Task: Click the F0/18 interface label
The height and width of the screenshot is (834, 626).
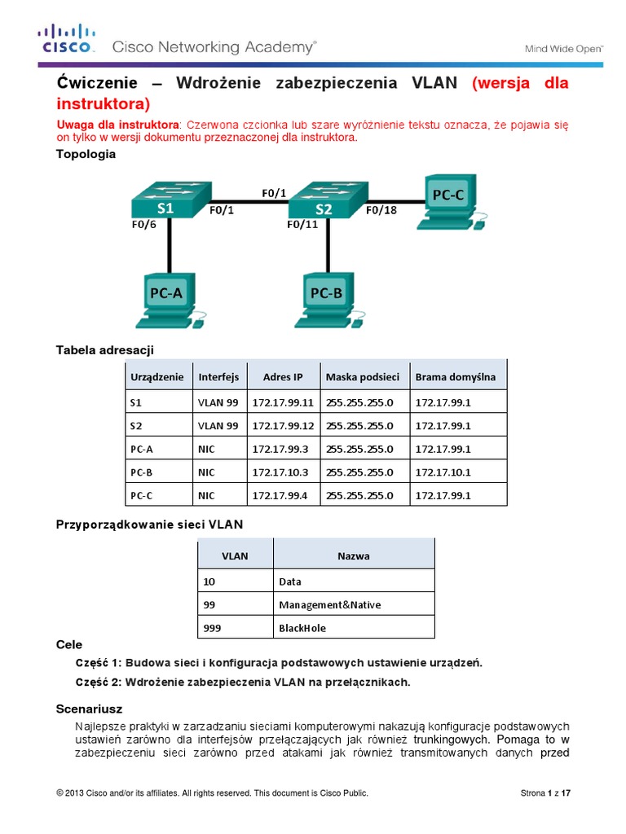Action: pos(381,209)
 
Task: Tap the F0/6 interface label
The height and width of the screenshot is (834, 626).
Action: pos(143,224)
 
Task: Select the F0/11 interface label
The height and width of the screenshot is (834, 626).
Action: pos(302,224)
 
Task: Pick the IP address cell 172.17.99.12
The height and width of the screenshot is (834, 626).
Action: pos(283,425)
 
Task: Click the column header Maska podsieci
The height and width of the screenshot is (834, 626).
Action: pos(362,377)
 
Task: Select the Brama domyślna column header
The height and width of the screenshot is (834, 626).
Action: pos(455,377)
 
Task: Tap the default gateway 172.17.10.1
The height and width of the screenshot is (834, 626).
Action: pos(443,472)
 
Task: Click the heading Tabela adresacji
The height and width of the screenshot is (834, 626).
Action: pos(104,349)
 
